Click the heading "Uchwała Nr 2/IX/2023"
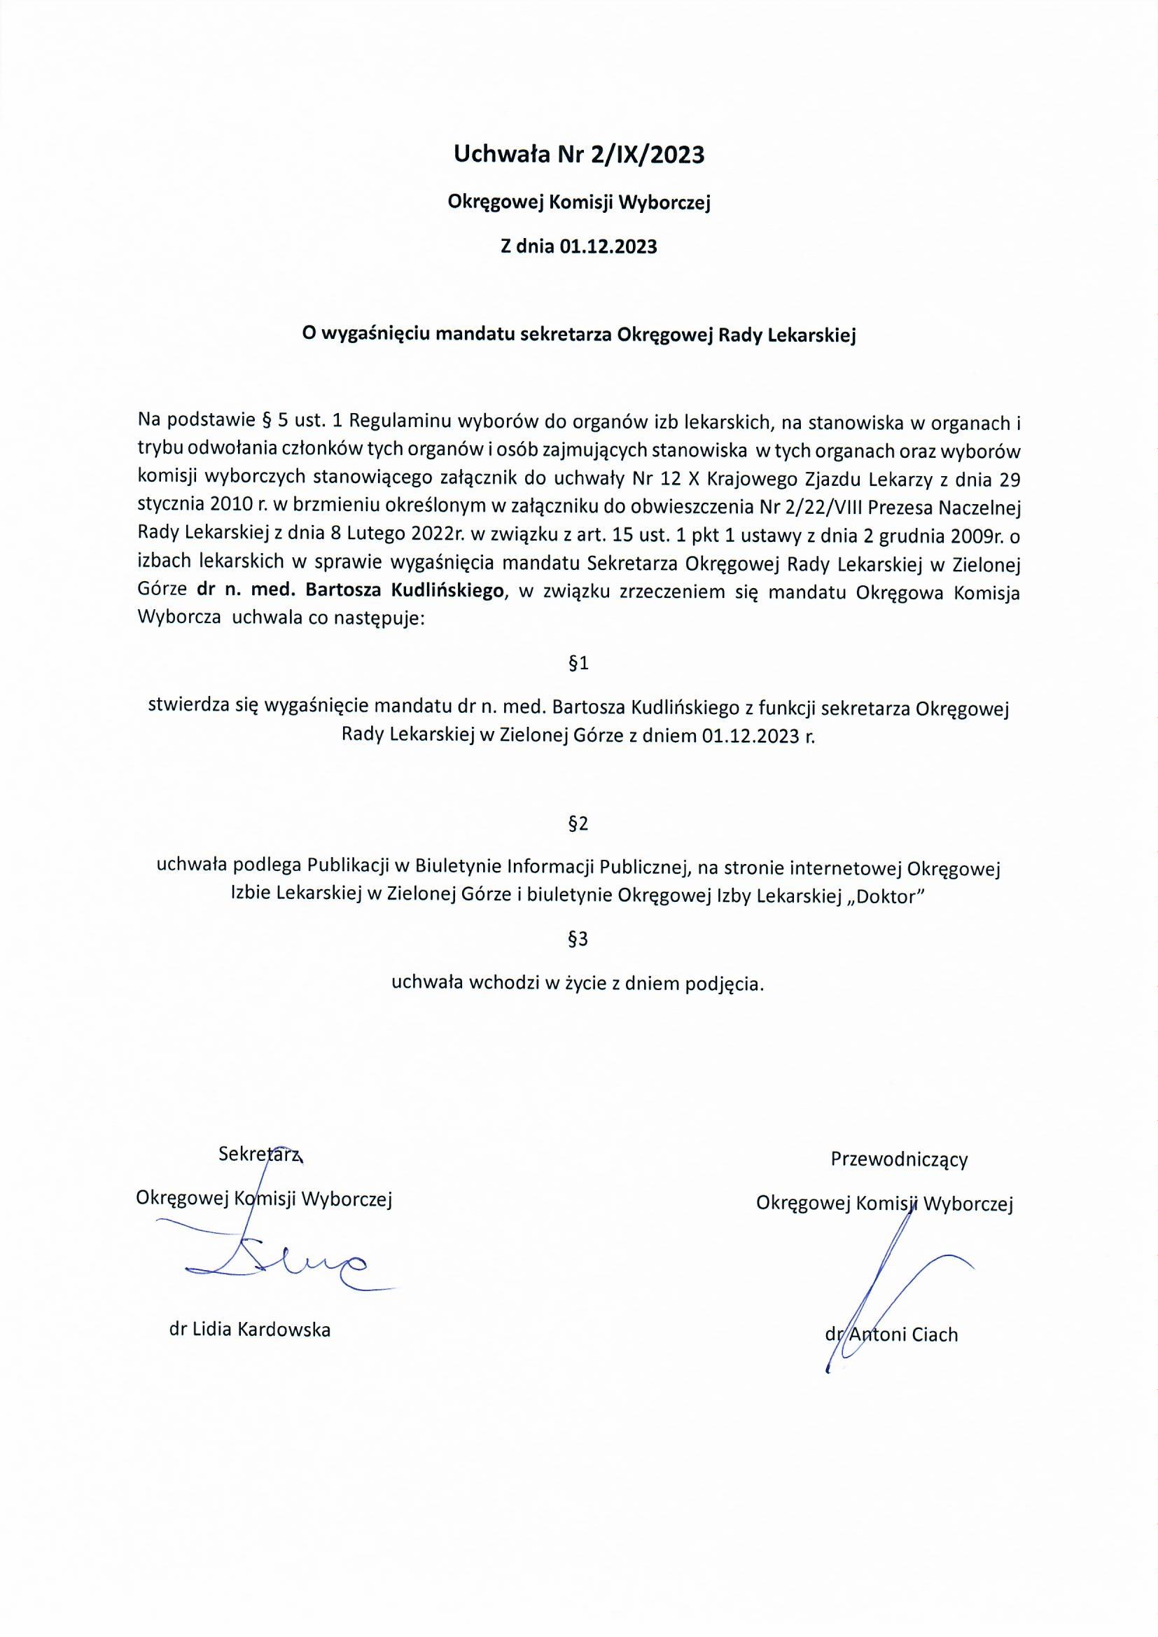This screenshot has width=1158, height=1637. (579, 155)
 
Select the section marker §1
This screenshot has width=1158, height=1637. (578, 663)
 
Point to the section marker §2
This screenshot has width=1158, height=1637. (578, 823)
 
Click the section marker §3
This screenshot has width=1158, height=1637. (578, 939)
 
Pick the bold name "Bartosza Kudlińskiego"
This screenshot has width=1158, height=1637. (404, 591)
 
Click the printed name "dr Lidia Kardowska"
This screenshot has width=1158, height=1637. (249, 1330)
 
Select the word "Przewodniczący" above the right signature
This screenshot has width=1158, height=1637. (899, 1160)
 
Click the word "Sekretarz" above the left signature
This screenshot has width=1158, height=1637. (260, 1155)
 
